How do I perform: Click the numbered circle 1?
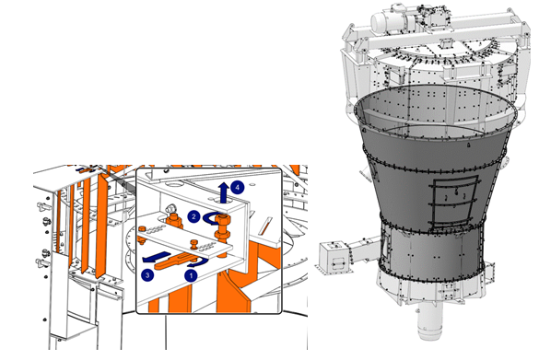pos(191,275)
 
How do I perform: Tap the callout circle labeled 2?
pos(193,216)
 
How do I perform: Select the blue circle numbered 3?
pos(147,275)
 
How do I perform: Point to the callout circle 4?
pos(237,188)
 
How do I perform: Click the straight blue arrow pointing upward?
pos(224,192)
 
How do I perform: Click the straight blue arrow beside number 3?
pos(157,257)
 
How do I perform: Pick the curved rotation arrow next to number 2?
pos(210,219)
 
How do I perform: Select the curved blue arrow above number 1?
pos(198,263)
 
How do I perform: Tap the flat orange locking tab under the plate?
pos(173,261)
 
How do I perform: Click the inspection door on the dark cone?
pos(454,201)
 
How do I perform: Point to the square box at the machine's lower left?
pos(333,258)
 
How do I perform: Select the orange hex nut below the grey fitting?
pos(174,220)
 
